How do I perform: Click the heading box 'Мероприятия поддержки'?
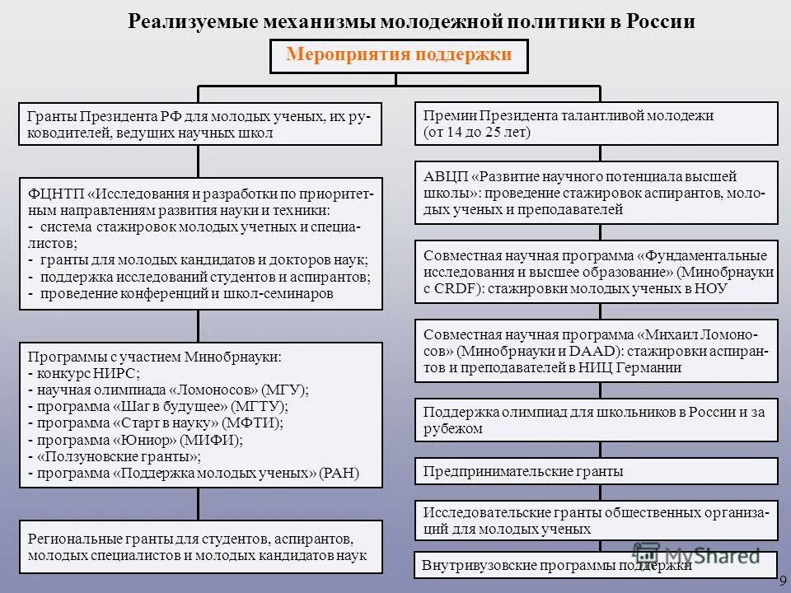[x=399, y=56]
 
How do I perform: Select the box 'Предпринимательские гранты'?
[x=596, y=471]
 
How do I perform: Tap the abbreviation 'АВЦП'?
[x=446, y=177]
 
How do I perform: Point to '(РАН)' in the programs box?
[x=339, y=474]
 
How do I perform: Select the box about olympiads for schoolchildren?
[x=596, y=419]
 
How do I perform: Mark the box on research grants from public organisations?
[x=596, y=520]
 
